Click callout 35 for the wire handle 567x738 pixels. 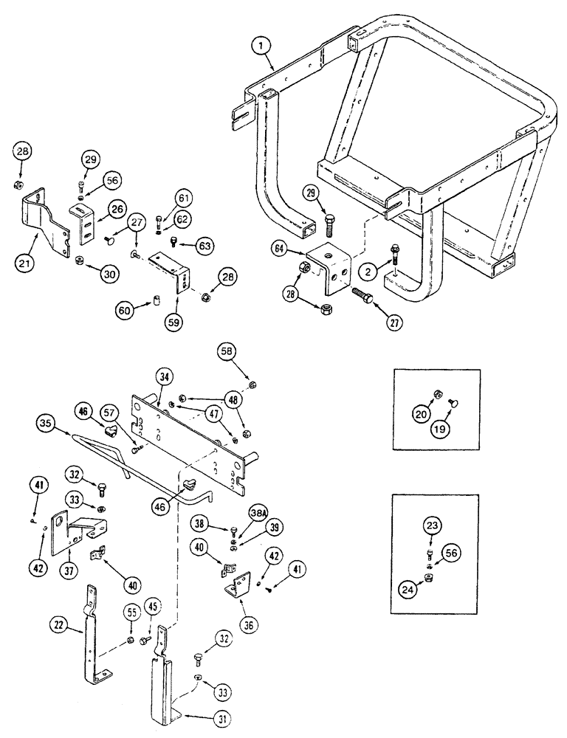pyautogui.click(x=45, y=424)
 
